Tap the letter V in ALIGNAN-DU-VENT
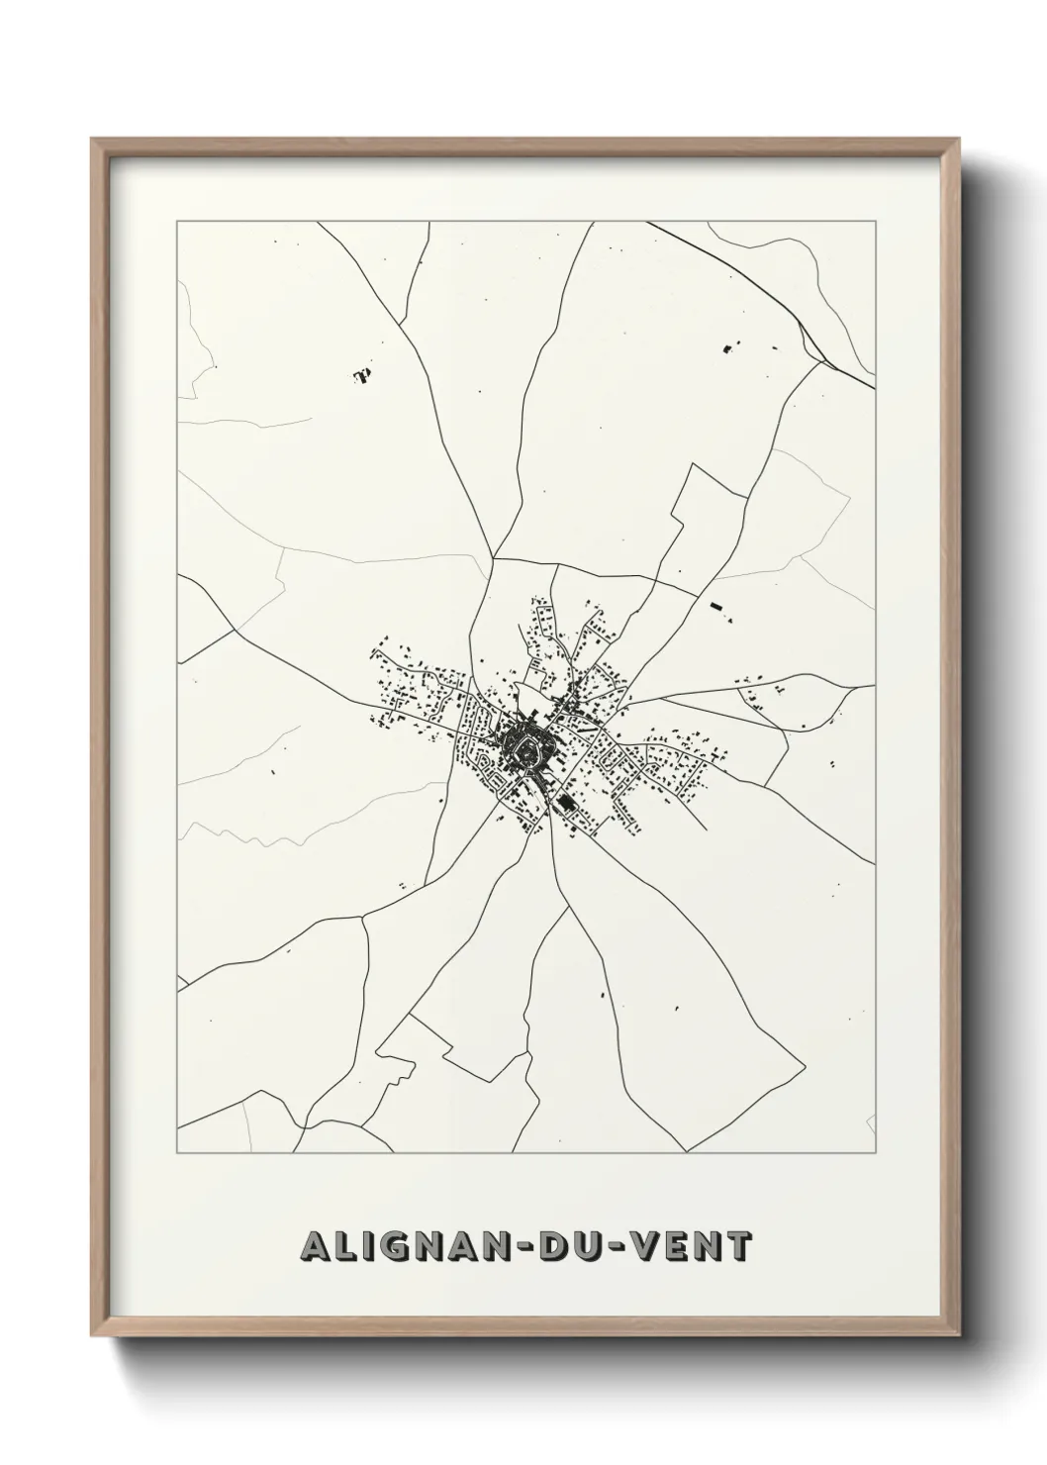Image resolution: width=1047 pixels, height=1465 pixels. (x=628, y=1247)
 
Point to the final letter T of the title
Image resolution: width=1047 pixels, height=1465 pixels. (x=737, y=1247)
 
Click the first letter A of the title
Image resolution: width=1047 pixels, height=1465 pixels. (x=314, y=1247)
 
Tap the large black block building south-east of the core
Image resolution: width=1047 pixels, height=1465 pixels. (x=566, y=802)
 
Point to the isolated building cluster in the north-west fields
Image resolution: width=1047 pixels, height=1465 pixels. (x=361, y=374)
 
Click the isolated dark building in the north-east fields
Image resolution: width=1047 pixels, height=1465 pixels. (x=733, y=347)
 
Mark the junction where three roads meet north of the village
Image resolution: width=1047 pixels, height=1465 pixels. (x=496, y=559)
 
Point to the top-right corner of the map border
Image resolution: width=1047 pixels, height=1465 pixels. (x=875, y=222)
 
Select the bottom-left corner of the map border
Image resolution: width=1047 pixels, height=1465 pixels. (x=177, y=1153)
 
